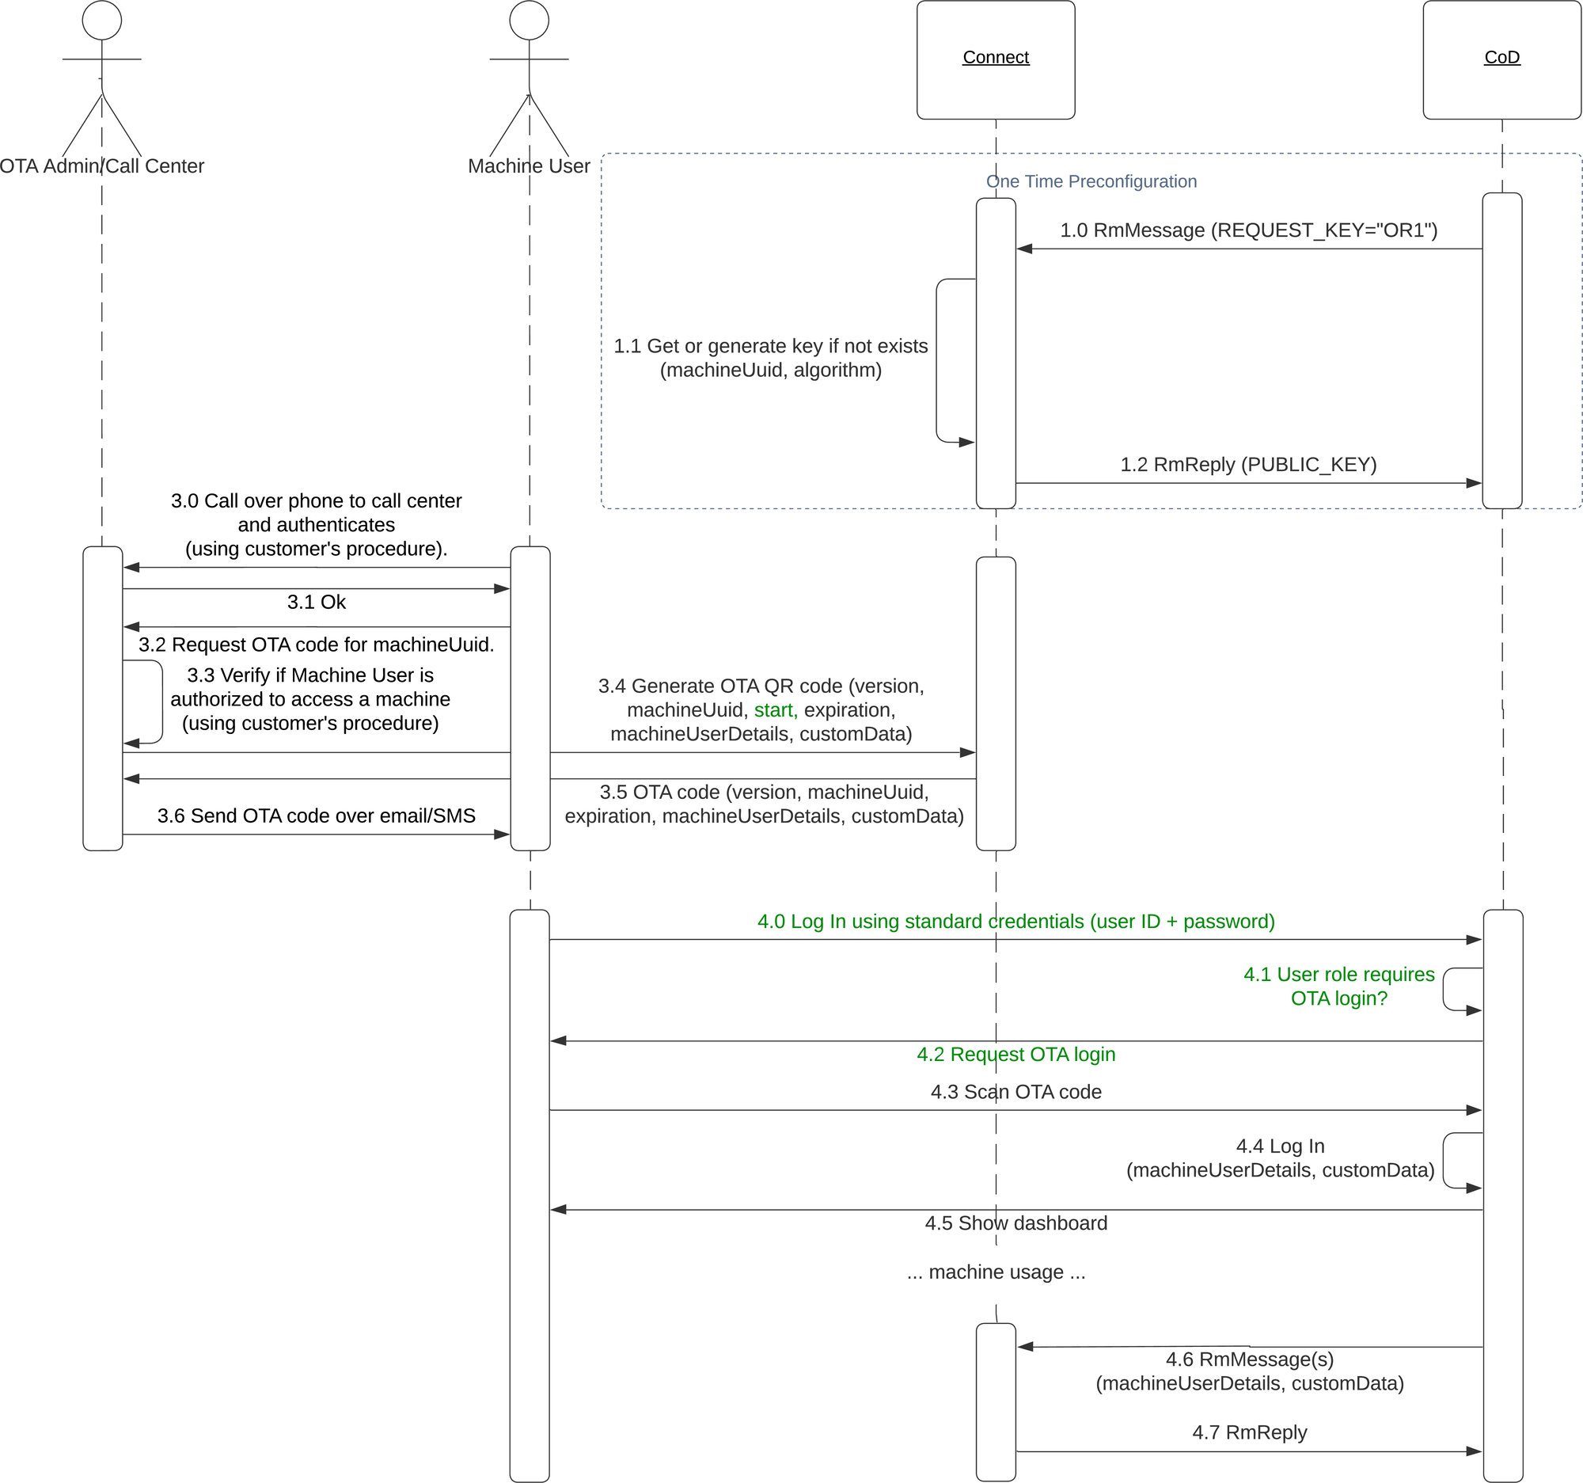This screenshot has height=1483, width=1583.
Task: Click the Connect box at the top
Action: click(996, 59)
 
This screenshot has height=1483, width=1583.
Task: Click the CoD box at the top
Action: click(1501, 59)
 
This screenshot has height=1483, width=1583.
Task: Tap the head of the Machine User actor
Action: click(529, 20)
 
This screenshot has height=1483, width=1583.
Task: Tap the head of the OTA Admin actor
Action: click(102, 20)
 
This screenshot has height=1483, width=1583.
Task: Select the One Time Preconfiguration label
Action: click(1091, 181)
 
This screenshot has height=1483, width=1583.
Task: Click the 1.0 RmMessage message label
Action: click(1247, 230)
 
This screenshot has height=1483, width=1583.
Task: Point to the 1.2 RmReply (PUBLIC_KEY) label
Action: click(1247, 464)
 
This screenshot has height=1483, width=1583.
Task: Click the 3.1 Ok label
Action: click(316, 602)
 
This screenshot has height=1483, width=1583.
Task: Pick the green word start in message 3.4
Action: click(774, 709)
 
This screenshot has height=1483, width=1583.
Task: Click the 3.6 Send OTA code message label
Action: click(316, 816)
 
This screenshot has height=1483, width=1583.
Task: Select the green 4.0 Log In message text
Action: click(1015, 922)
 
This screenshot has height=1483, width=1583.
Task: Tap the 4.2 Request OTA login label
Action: click(1015, 1055)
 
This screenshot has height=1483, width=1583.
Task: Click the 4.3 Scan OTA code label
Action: click(1015, 1092)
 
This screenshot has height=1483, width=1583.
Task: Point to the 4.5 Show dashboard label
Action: click(1015, 1223)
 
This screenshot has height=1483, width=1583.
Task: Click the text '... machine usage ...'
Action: click(996, 1272)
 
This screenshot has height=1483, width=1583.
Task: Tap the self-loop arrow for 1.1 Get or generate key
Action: click(938, 361)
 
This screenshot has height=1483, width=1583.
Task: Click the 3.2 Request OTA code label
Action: click(316, 645)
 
